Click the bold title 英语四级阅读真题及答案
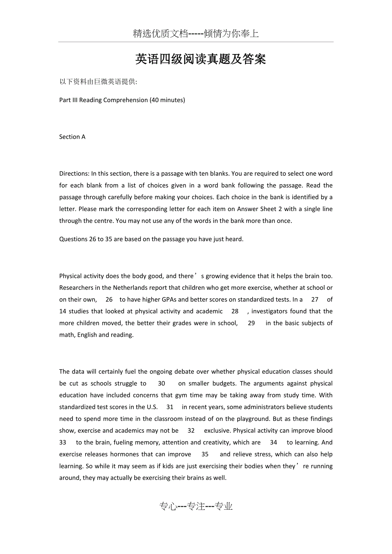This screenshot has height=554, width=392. click(x=200, y=59)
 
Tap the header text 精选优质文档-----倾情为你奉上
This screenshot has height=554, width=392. click(x=196, y=34)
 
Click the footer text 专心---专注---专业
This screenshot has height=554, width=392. click(x=196, y=506)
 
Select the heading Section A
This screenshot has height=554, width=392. click(x=72, y=137)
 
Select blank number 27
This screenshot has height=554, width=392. click(x=314, y=300)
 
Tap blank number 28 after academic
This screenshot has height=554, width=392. click(x=235, y=311)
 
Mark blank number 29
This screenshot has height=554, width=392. click(x=251, y=323)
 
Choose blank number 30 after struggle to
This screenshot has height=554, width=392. click(x=161, y=383)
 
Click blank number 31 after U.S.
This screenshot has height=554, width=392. click(x=170, y=407)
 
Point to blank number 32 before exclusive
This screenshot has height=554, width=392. click(x=191, y=431)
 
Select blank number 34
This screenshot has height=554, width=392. click(x=274, y=443)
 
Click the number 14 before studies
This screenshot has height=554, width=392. click(x=63, y=311)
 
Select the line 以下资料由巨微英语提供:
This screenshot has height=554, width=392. click(x=98, y=82)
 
